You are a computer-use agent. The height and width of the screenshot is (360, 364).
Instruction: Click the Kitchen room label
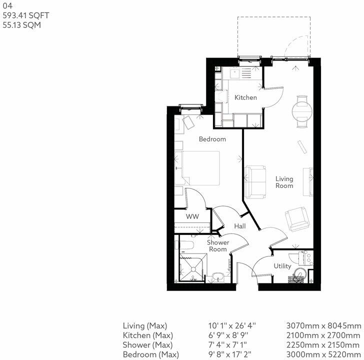click(x=245, y=97)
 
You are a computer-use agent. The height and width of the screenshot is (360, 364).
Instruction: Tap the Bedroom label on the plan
click(x=212, y=139)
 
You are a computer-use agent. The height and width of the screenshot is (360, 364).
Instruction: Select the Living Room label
click(x=284, y=182)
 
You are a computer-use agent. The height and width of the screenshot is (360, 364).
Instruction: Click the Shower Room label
click(x=218, y=246)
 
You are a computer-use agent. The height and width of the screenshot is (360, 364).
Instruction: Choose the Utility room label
click(x=282, y=266)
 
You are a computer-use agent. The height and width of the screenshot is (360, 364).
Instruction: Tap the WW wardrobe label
click(x=192, y=217)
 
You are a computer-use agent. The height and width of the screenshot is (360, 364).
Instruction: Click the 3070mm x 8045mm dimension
click(x=324, y=326)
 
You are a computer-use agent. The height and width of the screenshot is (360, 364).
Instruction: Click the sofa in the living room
click(x=255, y=180)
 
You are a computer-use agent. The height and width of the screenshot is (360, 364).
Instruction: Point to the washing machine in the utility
click(x=298, y=274)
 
